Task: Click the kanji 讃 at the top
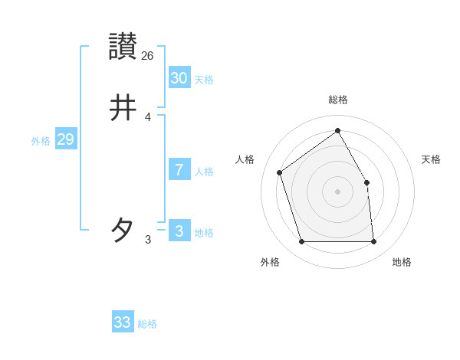[x=123, y=46]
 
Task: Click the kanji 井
[x=123, y=108]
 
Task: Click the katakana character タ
[x=123, y=229]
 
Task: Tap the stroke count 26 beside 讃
[x=148, y=55]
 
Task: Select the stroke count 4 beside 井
[x=148, y=117]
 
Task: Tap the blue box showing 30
[x=179, y=77]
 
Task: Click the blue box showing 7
[x=179, y=170]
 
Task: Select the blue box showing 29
[x=65, y=139]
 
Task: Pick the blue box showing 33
[x=123, y=322]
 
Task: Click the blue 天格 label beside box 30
[x=204, y=80]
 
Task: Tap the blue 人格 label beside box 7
[x=204, y=172]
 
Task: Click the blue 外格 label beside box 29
[x=41, y=141]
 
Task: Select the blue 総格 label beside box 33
[x=147, y=324]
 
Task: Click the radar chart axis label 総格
[x=338, y=100]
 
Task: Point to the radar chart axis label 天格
[x=431, y=159]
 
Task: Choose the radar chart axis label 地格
[x=402, y=262]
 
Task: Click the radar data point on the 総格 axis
[x=338, y=130]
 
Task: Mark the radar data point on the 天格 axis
[x=366, y=182]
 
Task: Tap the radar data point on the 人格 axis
[x=280, y=172]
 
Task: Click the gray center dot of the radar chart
[x=338, y=191]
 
